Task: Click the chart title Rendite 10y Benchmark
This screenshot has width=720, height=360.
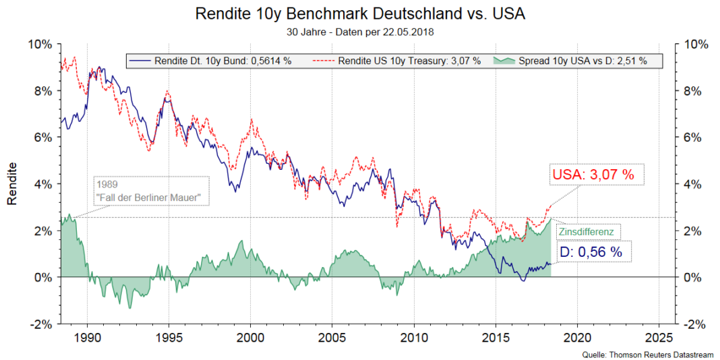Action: point(359,13)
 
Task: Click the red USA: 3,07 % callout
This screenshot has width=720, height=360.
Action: point(593,175)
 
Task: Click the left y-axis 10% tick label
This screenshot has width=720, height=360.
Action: point(39,44)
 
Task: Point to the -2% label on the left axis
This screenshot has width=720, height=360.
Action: point(40,324)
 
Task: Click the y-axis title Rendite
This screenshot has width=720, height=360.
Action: point(11,183)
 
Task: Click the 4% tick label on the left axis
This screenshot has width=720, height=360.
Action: point(42,184)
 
